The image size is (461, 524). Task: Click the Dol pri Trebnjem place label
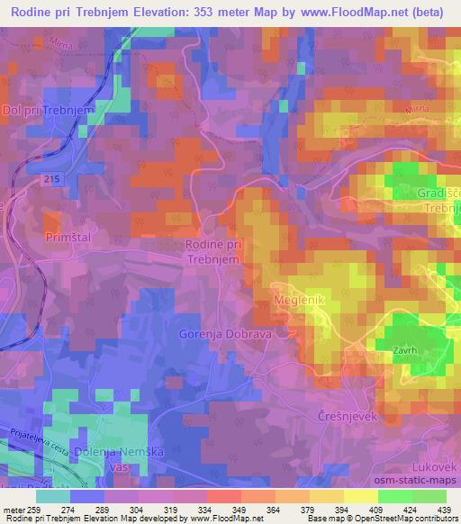49,109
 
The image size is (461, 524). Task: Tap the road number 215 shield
51,180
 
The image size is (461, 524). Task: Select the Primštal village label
64,236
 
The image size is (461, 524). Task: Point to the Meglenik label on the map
297,298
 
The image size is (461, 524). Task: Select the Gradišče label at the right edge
438,194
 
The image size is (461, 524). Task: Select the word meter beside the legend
14,510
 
